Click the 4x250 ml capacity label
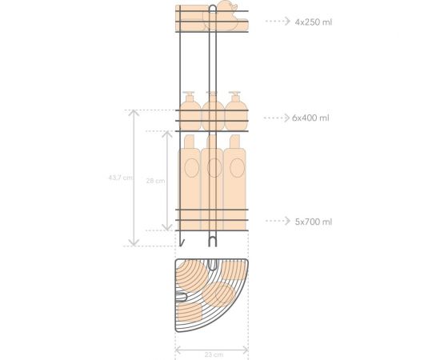click(x=313, y=22)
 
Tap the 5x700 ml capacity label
click(x=312, y=221)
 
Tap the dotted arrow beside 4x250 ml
click(x=276, y=22)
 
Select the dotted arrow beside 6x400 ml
click(x=276, y=118)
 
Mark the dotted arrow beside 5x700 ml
click(x=276, y=221)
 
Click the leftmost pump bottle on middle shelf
click(x=190, y=112)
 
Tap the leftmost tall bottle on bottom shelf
click(x=190, y=180)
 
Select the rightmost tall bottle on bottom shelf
click(x=234, y=180)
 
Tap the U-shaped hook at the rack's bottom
click(x=212, y=239)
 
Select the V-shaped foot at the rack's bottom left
click(x=182, y=240)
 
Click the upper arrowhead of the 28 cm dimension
click(x=147, y=134)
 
